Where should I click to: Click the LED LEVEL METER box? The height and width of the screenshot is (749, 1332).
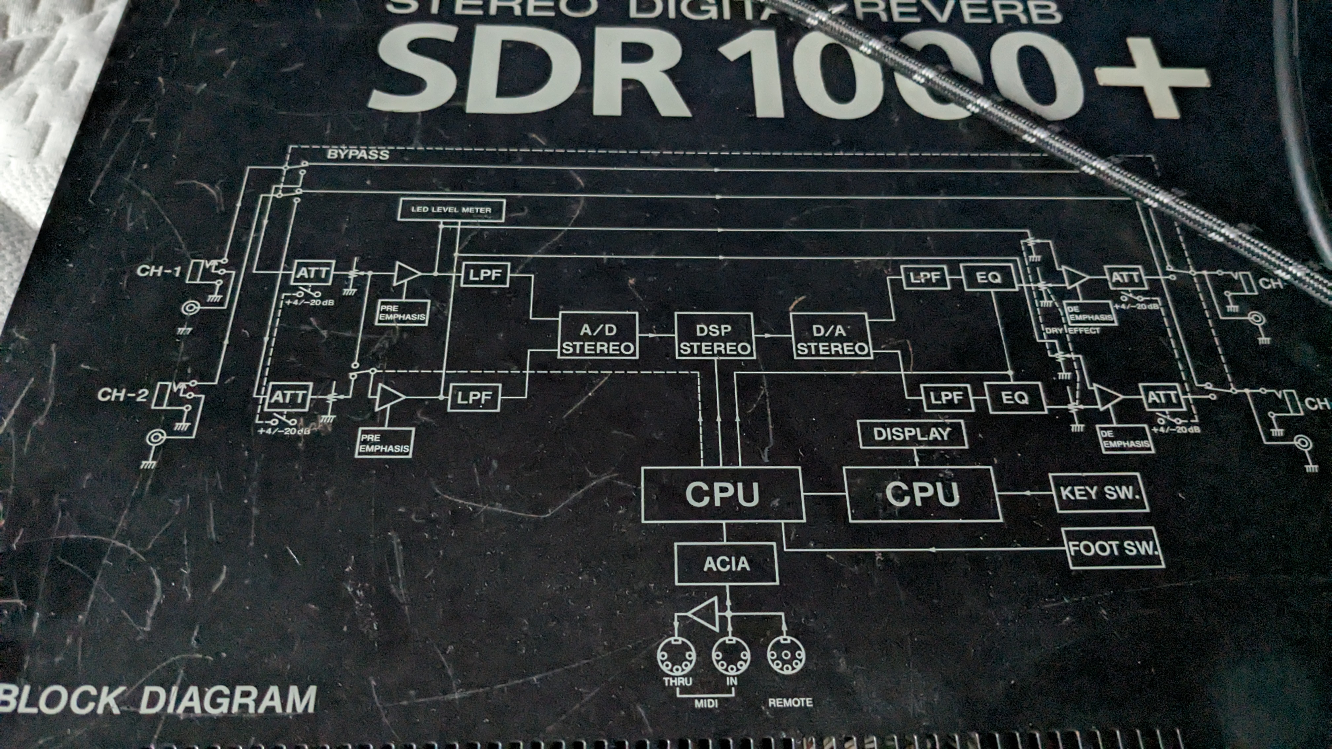451,210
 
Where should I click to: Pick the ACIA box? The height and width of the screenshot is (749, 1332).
726,563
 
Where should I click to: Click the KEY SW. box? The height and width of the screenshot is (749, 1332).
1099,493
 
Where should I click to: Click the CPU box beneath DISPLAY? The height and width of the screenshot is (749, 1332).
922,494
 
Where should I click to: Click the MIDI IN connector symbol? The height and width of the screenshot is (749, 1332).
731,656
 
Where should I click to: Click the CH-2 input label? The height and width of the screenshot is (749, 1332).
123,395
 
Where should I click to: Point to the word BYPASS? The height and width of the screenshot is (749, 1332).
358,154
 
